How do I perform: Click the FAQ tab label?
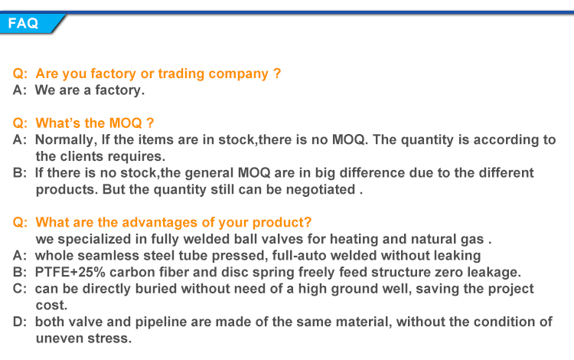[23, 24]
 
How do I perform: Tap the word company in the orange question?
[238, 74]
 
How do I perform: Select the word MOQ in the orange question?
[126, 123]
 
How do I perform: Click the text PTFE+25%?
[70, 272]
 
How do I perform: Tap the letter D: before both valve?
[20, 322]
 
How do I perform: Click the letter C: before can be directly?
[20, 289]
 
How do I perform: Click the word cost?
[51, 306]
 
